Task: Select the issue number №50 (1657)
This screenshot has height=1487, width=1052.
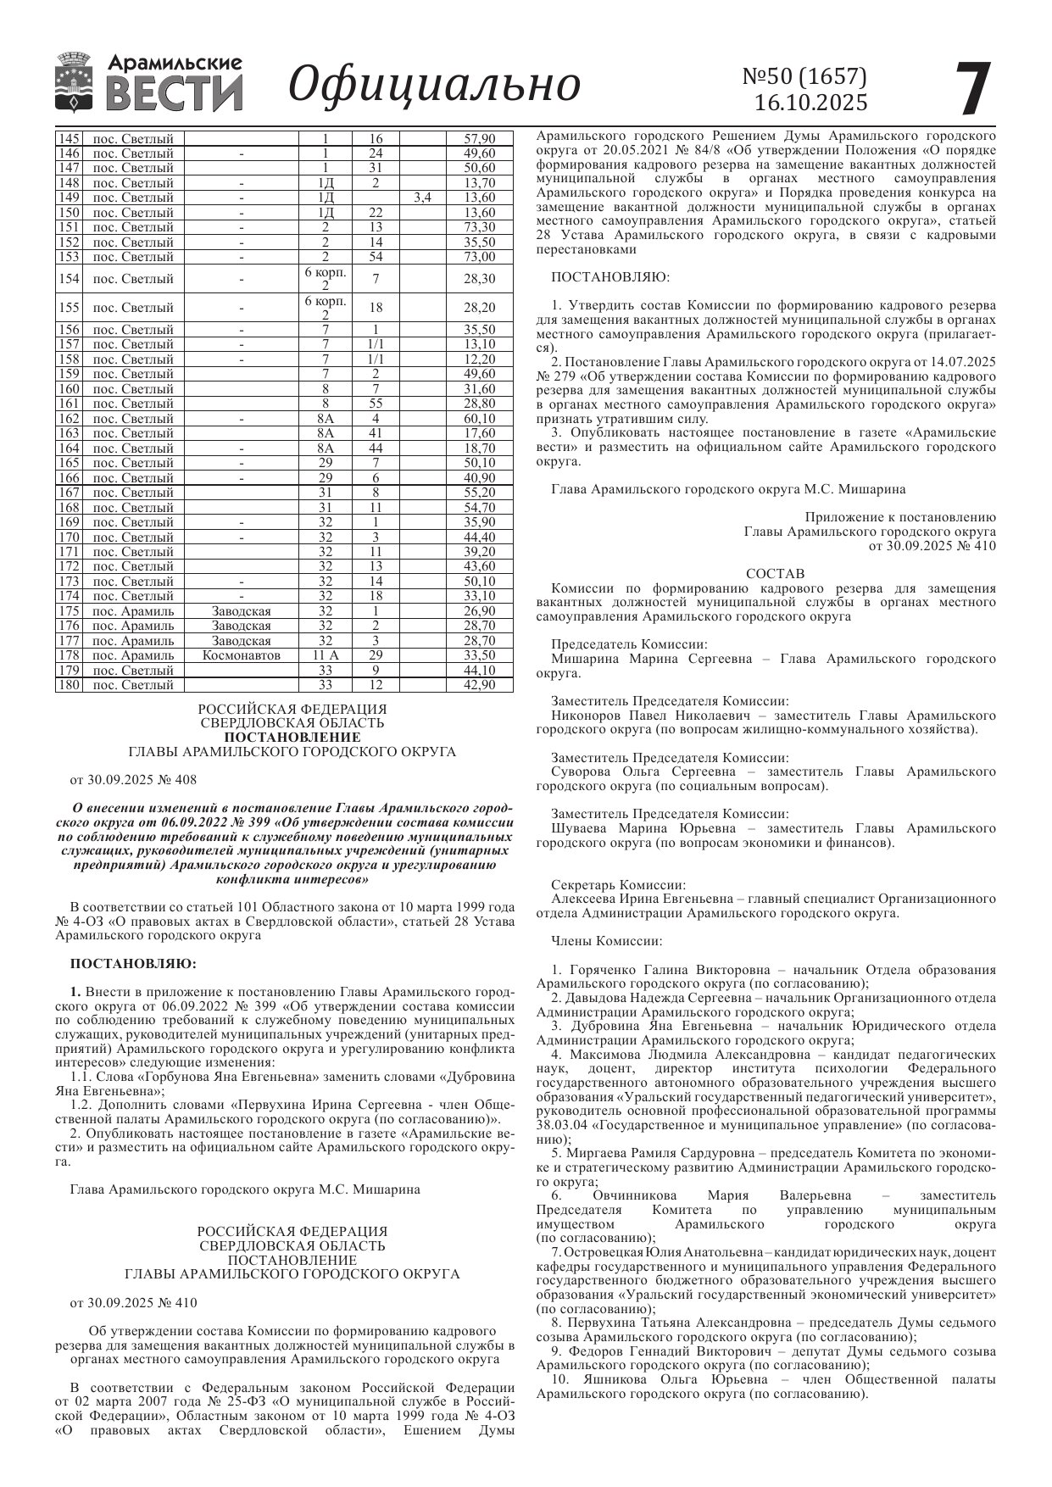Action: (x=804, y=76)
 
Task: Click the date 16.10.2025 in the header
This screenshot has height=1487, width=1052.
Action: (x=811, y=103)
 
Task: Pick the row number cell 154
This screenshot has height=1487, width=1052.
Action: (x=69, y=279)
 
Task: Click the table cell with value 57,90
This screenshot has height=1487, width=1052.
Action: (x=479, y=138)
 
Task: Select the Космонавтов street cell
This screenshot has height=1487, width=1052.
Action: (x=242, y=655)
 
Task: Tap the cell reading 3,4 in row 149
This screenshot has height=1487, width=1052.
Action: (x=422, y=198)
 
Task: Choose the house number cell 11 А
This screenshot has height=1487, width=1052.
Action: (x=326, y=655)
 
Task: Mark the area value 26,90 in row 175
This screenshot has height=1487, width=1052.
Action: (x=479, y=611)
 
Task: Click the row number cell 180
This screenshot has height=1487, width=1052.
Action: (x=69, y=685)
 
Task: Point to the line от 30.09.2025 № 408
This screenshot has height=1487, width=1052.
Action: (x=133, y=779)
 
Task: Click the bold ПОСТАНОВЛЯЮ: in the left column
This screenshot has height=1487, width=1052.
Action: (x=133, y=964)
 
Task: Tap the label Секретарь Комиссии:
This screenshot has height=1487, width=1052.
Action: (x=618, y=884)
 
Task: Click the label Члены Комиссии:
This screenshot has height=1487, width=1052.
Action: (x=606, y=941)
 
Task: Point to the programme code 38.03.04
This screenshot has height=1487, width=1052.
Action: (x=561, y=1125)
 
